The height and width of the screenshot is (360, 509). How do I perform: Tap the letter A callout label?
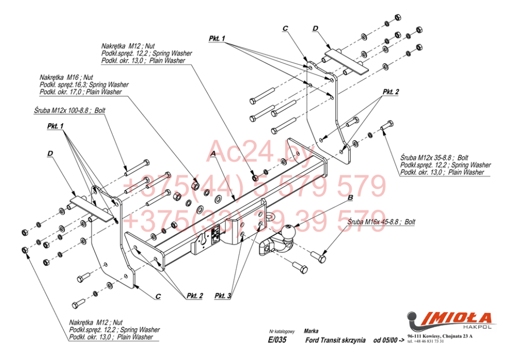(x=213, y=153)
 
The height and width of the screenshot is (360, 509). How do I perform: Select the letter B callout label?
(x=350, y=197)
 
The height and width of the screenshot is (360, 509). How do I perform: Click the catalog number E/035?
(x=278, y=340)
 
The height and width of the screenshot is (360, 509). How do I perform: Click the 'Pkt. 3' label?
(x=223, y=296)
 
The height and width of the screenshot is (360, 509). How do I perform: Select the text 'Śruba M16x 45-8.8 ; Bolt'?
(x=381, y=222)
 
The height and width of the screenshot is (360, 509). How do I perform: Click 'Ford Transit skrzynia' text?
(x=335, y=340)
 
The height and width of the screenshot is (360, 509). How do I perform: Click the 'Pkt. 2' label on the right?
(x=390, y=92)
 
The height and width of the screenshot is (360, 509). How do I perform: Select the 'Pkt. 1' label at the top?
(x=217, y=38)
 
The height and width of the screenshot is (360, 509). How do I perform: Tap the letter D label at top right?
(x=315, y=28)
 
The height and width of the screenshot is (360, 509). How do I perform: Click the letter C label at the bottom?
(x=158, y=296)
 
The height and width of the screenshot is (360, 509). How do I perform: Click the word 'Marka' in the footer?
(x=310, y=331)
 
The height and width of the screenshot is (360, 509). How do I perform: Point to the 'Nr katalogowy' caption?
(x=282, y=332)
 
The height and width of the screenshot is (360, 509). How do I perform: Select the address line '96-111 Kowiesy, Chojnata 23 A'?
(x=440, y=336)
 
